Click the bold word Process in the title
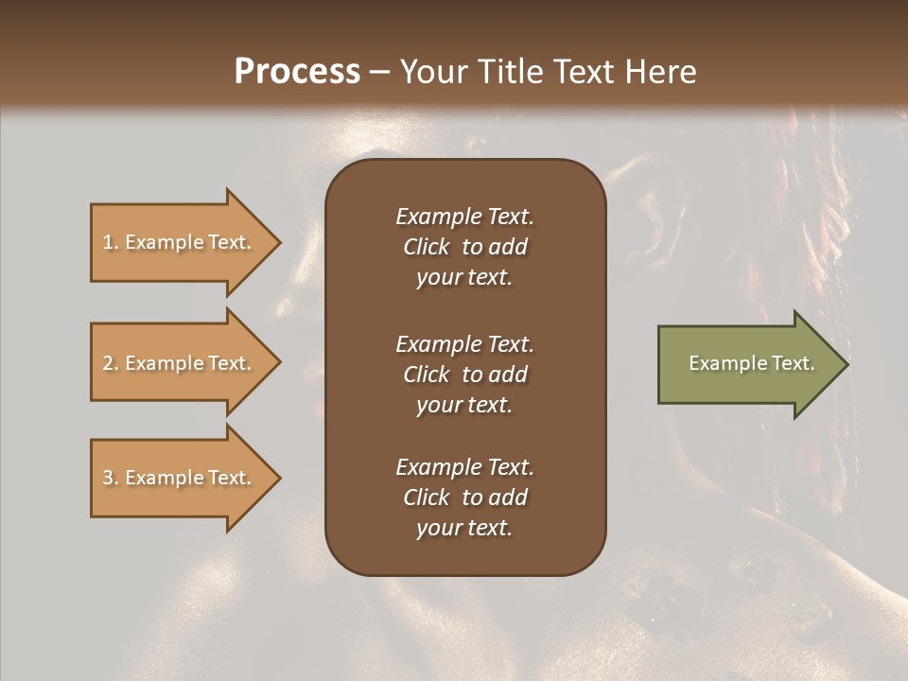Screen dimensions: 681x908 tap(297, 72)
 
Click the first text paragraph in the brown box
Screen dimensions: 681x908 tap(464, 247)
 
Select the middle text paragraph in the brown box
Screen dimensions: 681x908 tap(464, 375)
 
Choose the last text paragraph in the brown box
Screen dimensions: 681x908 tap(464, 498)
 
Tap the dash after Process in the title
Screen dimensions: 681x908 tap(380, 72)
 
